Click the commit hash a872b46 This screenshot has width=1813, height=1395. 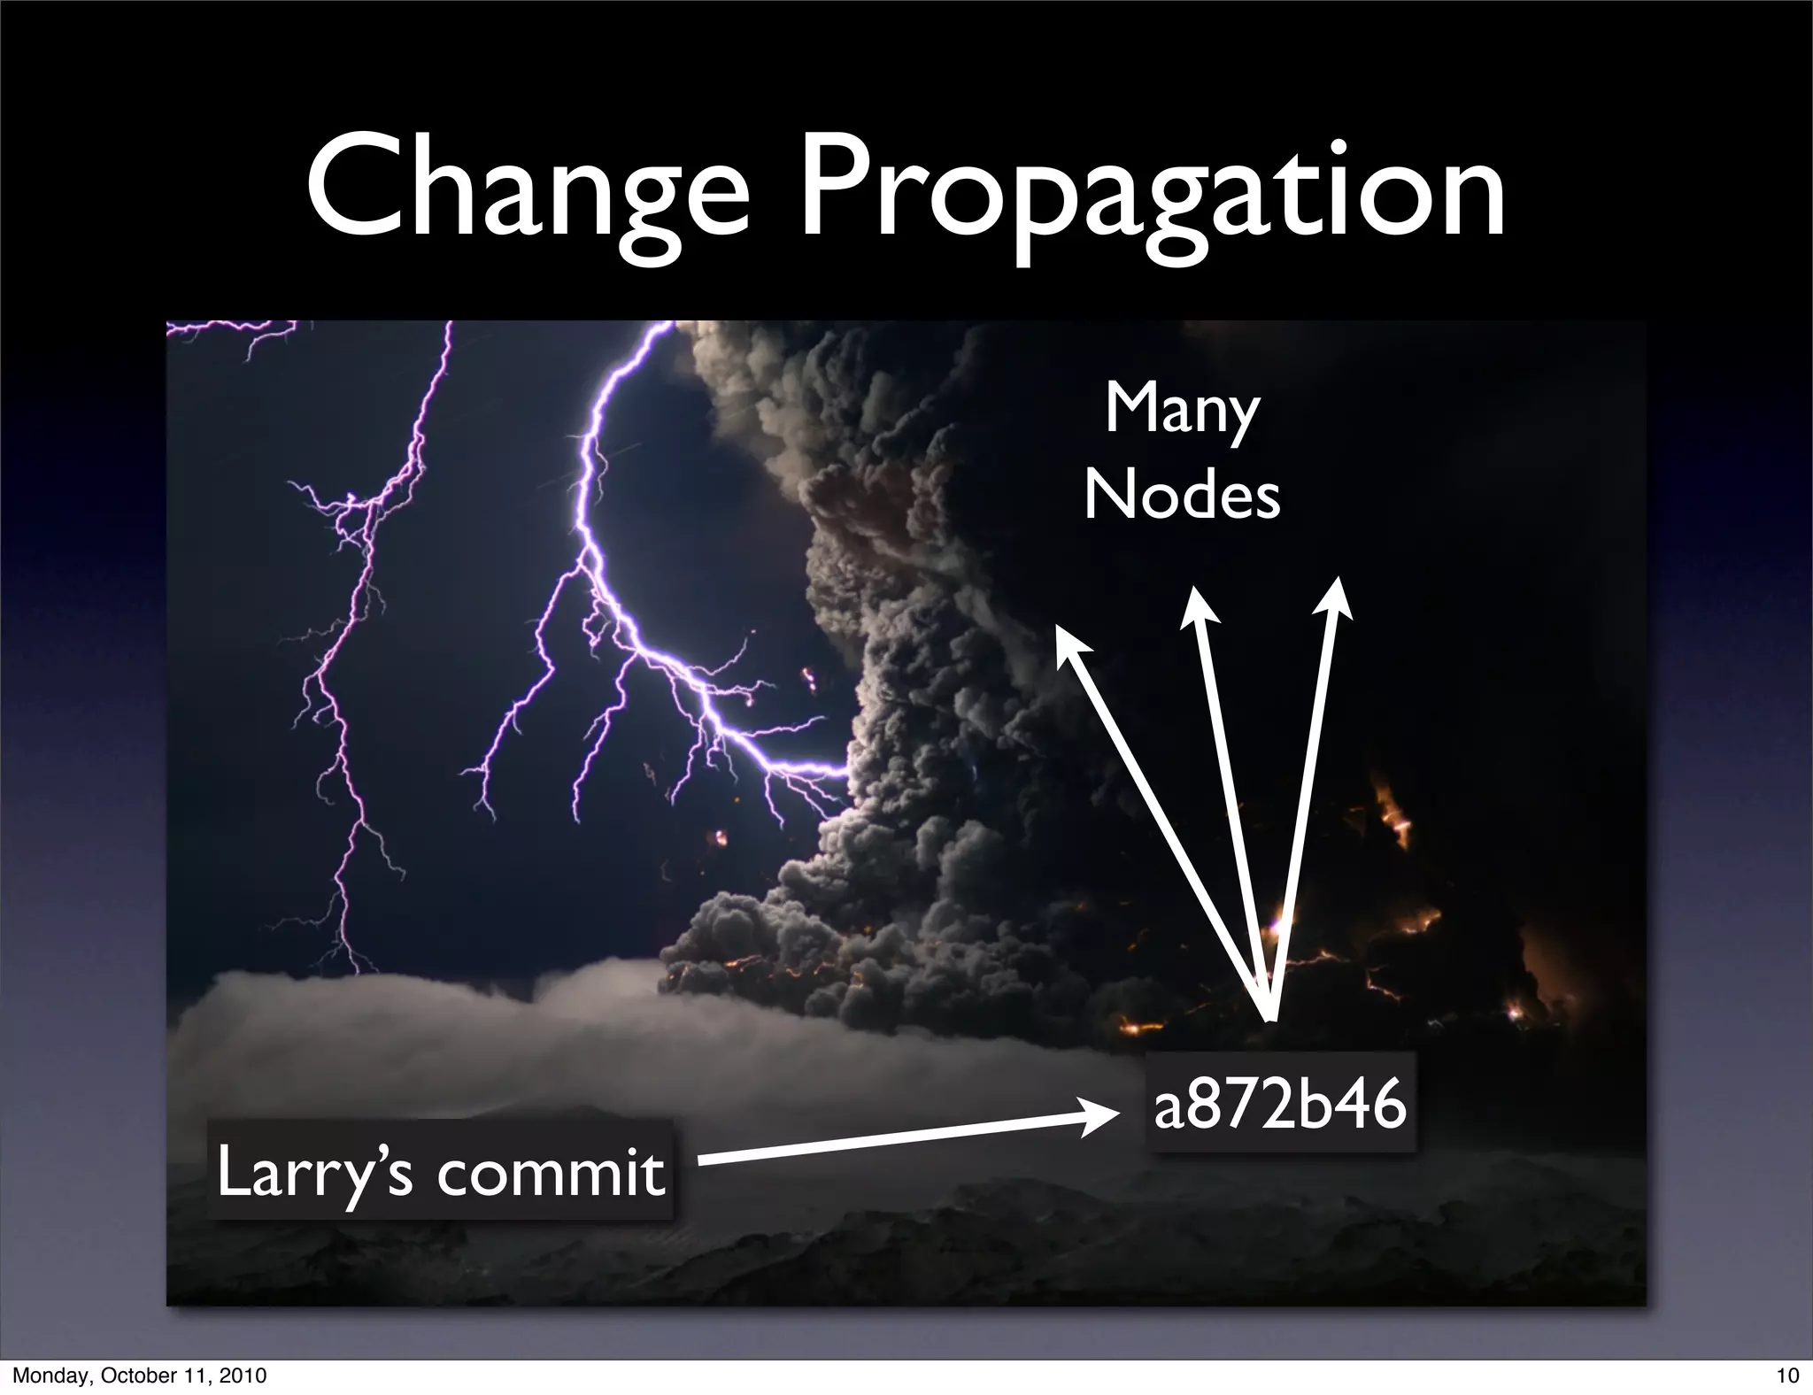1280,1105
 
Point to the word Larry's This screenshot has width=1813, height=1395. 314,1172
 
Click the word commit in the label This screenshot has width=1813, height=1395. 550,1172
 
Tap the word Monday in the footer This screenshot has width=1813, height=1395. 45,1376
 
